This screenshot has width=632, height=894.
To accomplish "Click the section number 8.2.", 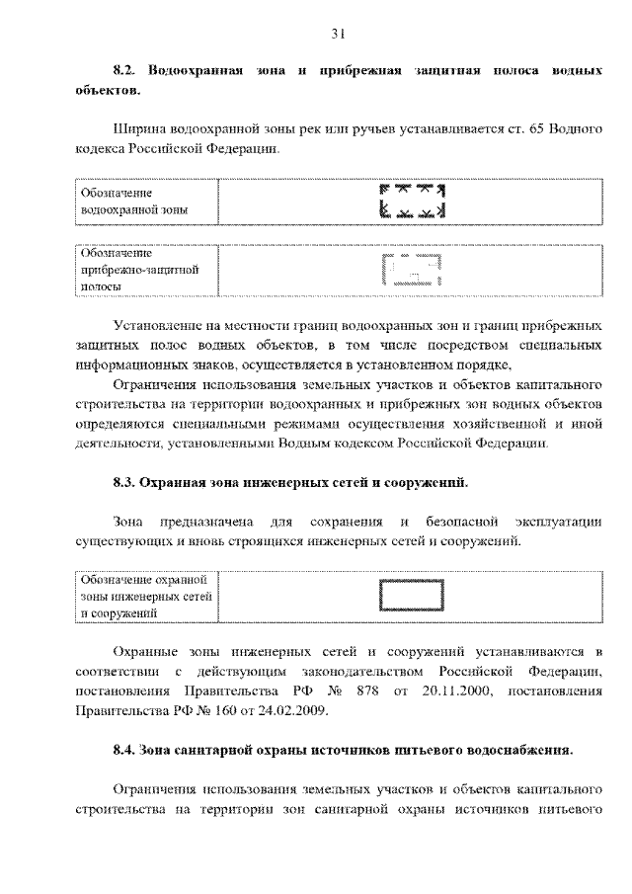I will tap(123, 72).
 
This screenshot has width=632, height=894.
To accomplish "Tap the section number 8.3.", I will tap(123, 483).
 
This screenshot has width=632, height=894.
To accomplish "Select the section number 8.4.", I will tap(123, 750).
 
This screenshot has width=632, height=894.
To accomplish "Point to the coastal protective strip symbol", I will tap(411, 270).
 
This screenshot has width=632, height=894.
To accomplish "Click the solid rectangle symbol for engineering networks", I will tap(411, 598).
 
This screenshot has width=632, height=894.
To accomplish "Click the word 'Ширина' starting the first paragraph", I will tap(139, 129).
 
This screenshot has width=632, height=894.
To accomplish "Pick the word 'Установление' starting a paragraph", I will tap(161, 325).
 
